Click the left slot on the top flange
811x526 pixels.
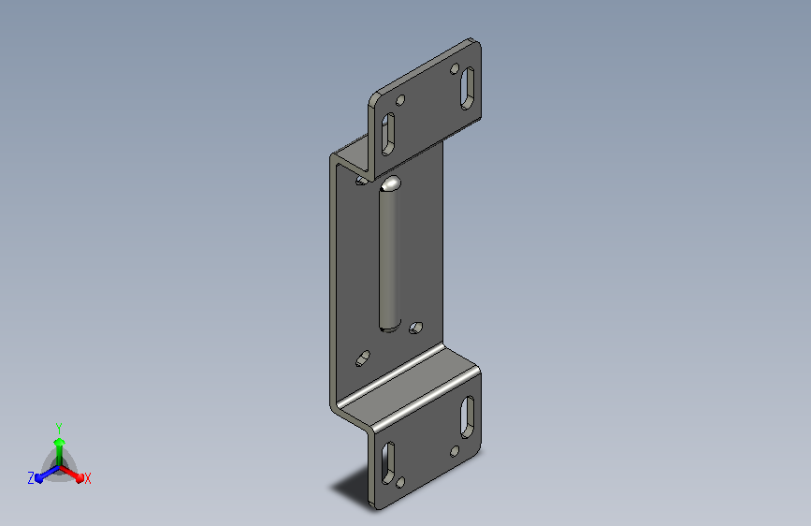coord(388,134)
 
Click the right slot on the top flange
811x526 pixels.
coord(467,88)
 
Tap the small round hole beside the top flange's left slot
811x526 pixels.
coord(400,100)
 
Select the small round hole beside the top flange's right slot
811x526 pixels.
coord(455,68)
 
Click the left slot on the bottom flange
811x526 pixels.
coord(388,463)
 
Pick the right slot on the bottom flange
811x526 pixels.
coord(467,416)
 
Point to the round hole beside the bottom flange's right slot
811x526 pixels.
coord(455,451)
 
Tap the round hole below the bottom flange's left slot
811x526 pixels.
coord(400,483)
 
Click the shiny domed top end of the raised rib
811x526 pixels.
coord(390,183)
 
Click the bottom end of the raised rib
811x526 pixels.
coord(390,328)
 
